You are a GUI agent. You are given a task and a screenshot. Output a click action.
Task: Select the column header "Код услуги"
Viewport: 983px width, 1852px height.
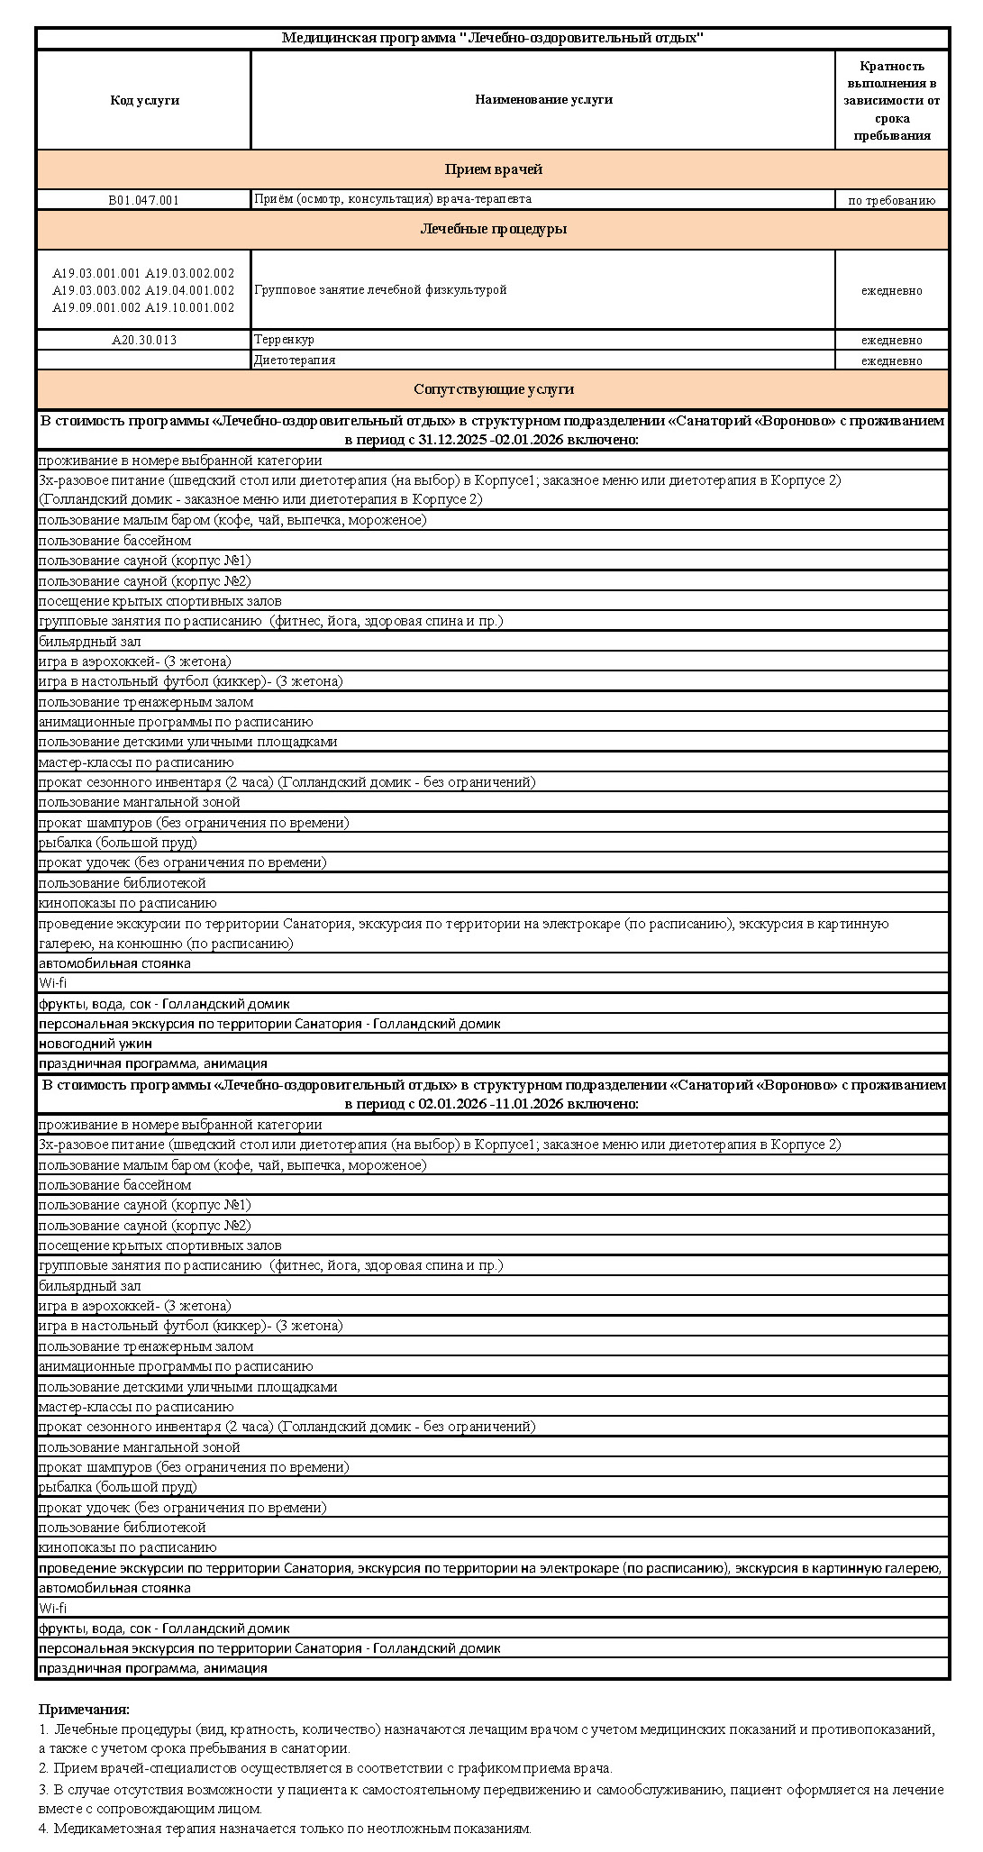144,100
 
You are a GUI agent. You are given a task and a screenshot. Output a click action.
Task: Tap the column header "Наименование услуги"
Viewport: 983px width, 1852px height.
543,100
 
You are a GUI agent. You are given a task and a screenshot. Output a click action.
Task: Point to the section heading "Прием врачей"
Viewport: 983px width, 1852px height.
493,169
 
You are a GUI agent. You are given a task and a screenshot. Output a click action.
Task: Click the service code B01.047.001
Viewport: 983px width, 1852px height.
144,200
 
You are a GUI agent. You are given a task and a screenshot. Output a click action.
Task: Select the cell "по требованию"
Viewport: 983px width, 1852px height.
891,201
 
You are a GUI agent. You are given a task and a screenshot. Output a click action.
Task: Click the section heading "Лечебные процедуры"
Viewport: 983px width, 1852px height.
493,229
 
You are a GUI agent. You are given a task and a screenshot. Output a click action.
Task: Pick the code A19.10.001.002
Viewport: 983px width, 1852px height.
189,307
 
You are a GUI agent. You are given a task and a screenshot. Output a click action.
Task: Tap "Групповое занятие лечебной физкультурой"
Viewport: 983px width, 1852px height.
380,290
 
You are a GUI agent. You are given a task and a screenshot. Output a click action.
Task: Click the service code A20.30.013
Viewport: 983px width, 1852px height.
144,341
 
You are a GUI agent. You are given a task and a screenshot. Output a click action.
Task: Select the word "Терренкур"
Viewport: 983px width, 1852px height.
284,340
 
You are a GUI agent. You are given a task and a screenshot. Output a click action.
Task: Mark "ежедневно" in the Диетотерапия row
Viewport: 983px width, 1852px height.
891,360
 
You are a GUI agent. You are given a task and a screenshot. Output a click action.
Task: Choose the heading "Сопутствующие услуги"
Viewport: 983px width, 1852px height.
493,389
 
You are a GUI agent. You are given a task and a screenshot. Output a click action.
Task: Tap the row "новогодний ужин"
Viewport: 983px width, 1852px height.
96,1044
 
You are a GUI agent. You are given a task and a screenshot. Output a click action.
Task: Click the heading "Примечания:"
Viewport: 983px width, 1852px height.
84,1709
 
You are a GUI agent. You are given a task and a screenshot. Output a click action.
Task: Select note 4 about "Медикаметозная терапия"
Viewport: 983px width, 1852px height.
285,1829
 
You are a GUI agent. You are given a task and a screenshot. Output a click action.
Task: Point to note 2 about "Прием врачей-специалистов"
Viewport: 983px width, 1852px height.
325,1768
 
